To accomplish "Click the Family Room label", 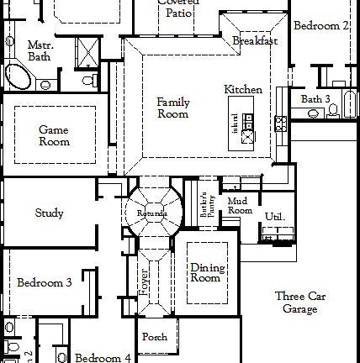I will (173, 108).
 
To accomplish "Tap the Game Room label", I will (54, 135).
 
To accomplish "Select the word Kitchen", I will (243, 90).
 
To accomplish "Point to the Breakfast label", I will (254, 41).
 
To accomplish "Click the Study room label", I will (50, 213).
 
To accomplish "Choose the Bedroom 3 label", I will (45, 283).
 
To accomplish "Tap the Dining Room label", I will (205, 272).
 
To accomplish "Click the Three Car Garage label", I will (300, 302).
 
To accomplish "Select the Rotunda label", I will (152, 214).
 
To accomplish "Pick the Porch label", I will (155, 337).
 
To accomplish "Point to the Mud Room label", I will (240, 205).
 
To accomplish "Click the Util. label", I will (275, 217).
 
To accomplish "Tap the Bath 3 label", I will (316, 99).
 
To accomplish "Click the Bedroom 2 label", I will (322, 26).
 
